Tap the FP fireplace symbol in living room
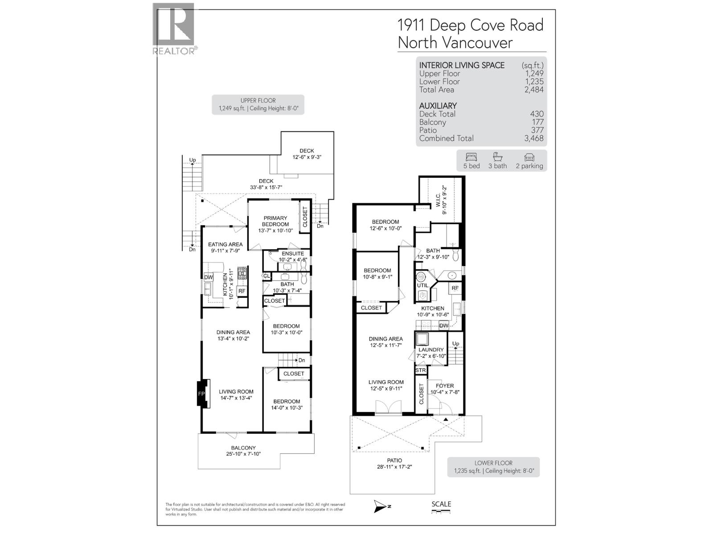[202, 394]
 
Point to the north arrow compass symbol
[381, 506]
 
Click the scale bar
[441, 511]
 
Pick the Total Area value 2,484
[534, 90]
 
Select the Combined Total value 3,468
[534, 138]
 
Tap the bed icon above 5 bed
[471, 157]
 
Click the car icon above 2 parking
[529, 157]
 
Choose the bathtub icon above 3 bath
[497, 157]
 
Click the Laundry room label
[431, 350]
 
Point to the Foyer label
[445, 386]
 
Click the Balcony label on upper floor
[243, 448]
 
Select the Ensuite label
[293, 253]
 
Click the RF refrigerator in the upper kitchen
[242, 291]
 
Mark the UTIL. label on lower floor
[422, 285]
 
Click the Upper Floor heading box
[258, 104]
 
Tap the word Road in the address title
[526, 25]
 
